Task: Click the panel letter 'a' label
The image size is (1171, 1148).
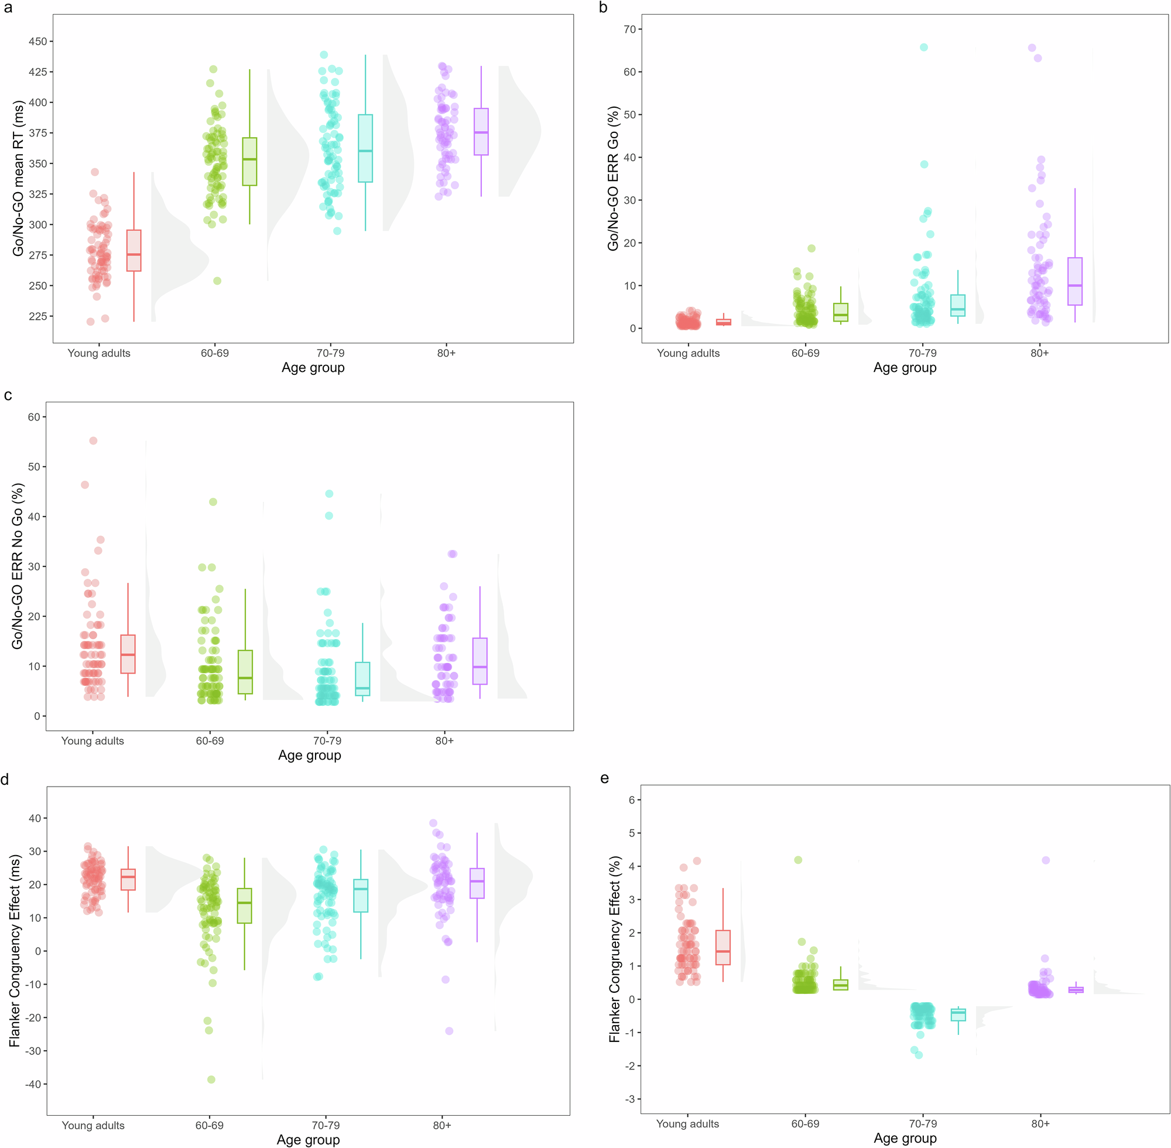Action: click(x=7, y=8)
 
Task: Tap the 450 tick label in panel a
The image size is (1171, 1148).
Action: click(x=37, y=42)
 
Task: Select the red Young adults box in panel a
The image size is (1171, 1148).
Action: click(x=134, y=250)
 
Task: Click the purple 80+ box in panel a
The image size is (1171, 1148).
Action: click(x=481, y=131)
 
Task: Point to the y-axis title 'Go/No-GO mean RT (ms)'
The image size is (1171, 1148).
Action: click(x=18, y=179)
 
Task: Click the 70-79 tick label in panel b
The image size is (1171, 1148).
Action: click(x=922, y=353)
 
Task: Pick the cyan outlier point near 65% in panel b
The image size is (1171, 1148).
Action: click(x=923, y=47)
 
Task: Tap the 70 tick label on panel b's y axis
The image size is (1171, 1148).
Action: click(x=629, y=29)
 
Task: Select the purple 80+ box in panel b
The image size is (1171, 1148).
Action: click(x=1074, y=281)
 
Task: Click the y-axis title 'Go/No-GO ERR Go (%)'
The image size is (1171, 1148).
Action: click(x=613, y=179)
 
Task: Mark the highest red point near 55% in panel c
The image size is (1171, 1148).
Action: click(x=94, y=440)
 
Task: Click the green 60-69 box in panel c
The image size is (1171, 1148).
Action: click(x=245, y=672)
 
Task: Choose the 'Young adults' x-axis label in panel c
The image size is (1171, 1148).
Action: click(x=92, y=741)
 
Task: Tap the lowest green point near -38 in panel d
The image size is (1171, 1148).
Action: click(x=211, y=1079)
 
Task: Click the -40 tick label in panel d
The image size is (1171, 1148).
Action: click(x=34, y=1084)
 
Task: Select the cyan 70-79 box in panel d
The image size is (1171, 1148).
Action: click(x=361, y=896)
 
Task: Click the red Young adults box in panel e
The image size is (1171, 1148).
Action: click(x=723, y=947)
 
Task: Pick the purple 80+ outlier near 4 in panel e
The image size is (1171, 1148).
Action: click(x=1046, y=860)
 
